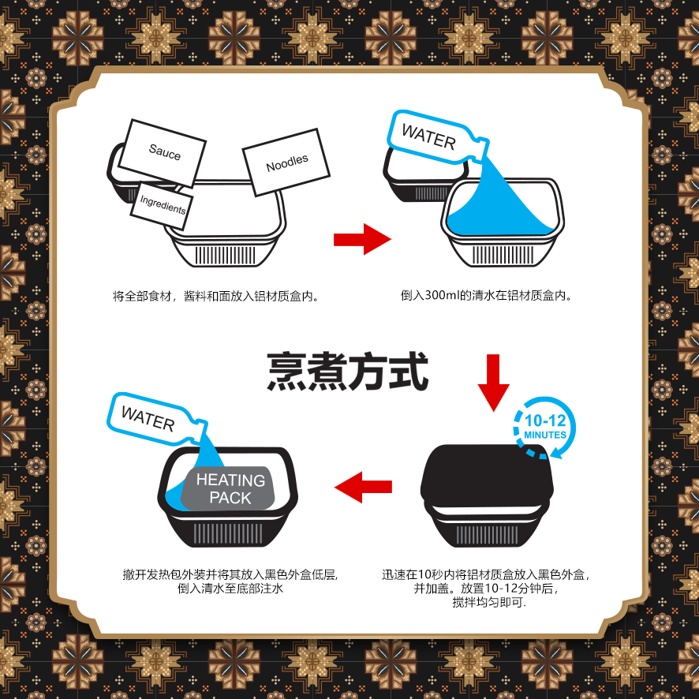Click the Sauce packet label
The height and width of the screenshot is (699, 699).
pyautogui.click(x=163, y=153)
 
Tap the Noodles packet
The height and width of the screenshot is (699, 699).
pyautogui.click(x=286, y=163)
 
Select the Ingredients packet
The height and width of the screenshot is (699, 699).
pyautogui.click(x=163, y=205)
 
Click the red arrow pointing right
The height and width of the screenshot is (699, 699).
pyautogui.click(x=362, y=239)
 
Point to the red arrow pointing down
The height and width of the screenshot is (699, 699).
pyautogui.click(x=493, y=383)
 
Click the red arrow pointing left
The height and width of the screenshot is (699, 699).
pyautogui.click(x=363, y=487)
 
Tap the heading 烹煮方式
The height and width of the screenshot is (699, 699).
pyautogui.click(x=348, y=371)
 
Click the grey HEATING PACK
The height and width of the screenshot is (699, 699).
pyautogui.click(x=230, y=488)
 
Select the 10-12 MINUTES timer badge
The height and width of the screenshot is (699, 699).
pyautogui.click(x=544, y=427)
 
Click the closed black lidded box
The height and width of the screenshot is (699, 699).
pyautogui.click(x=487, y=495)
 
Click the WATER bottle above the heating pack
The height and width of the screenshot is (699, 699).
pyautogui.click(x=157, y=419)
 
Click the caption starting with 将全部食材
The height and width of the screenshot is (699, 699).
pyautogui.click(x=216, y=296)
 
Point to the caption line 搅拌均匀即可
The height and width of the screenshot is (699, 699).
pyautogui.click(x=489, y=603)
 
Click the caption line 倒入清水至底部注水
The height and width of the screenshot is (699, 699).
pyautogui.click(x=230, y=589)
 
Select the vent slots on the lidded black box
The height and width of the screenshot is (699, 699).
pyautogui.click(x=487, y=534)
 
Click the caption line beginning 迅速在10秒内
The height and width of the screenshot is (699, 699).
pyautogui.click(x=486, y=574)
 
